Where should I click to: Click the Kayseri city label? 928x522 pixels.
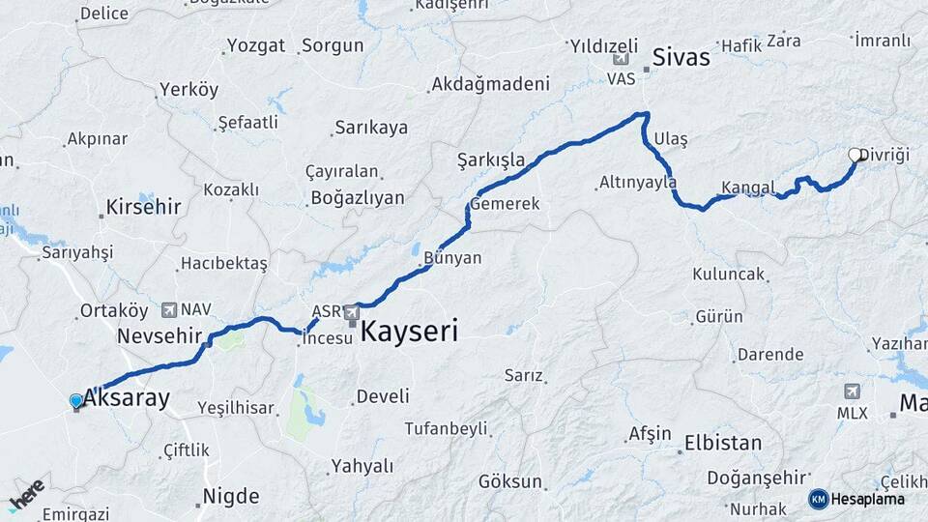409,333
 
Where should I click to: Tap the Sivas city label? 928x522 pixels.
681,57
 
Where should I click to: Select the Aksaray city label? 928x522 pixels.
127,397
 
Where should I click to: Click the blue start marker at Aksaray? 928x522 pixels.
76,401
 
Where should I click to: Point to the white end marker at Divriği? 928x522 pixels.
855,155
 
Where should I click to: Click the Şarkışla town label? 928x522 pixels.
491,159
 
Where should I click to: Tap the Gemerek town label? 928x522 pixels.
505,204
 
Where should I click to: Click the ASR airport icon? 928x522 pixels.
352,312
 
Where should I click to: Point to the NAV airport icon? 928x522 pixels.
170,309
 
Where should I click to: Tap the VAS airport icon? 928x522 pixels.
621,60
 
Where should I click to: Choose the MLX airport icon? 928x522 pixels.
852,391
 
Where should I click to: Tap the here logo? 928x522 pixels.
27,494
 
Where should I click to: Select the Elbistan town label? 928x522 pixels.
723,443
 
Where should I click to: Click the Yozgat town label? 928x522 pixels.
255,45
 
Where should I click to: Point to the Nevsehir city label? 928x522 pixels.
159,336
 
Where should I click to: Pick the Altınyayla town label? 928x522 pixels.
637,182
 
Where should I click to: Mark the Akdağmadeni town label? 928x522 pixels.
490,84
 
